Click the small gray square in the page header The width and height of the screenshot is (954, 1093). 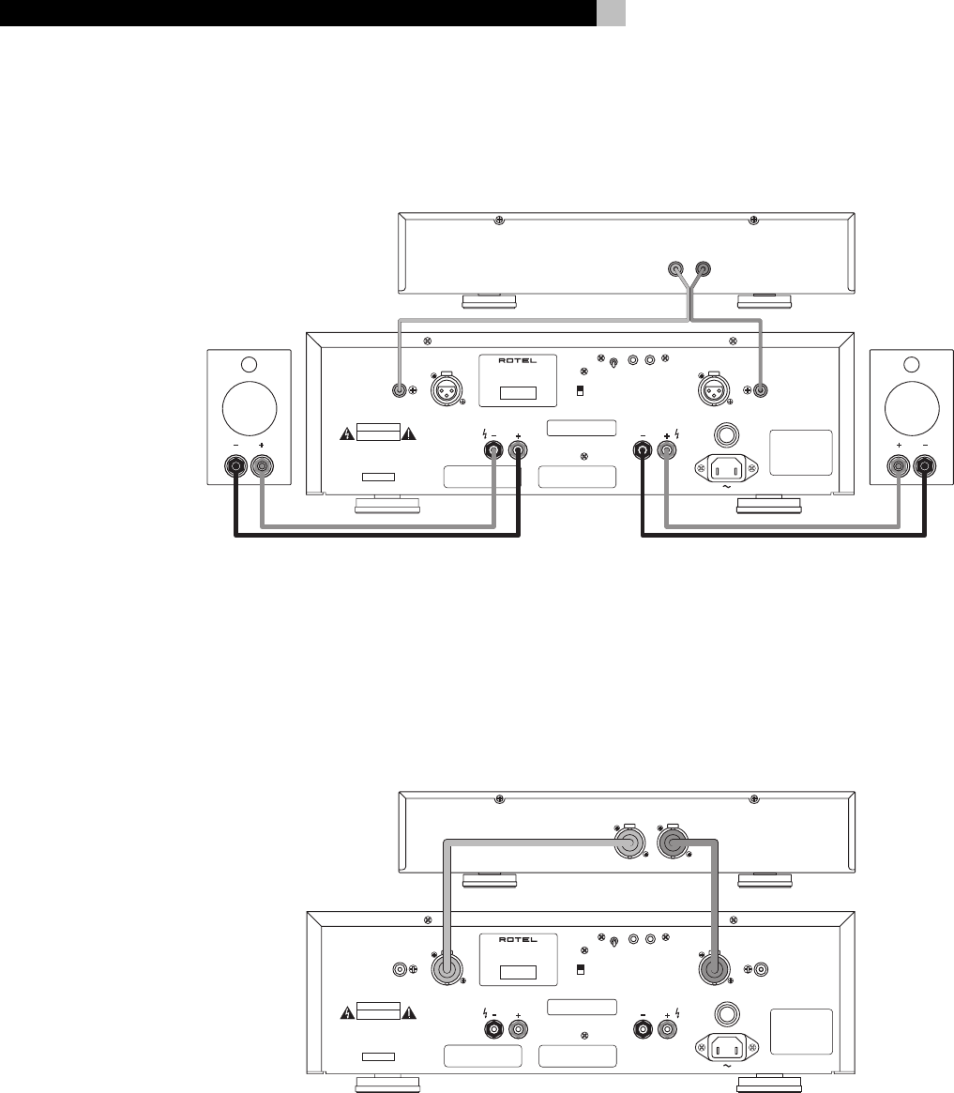(612, 12)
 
